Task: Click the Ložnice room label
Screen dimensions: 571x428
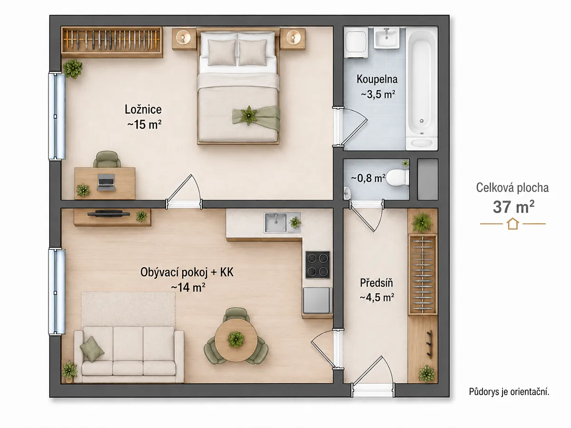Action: (x=143, y=109)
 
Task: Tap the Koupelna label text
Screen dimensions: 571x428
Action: (x=377, y=79)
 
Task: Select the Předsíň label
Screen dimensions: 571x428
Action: (x=376, y=283)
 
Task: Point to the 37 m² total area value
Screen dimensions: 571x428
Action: (x=513, y=207)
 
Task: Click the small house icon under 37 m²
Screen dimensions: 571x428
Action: (x=513, y=224)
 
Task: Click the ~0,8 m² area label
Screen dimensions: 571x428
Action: (x=368, y=178)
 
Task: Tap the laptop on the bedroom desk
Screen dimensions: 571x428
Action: (x=106, y=182)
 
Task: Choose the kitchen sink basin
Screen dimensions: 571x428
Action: (x=275, y=223)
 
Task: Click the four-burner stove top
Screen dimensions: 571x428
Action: (x=317, y=264)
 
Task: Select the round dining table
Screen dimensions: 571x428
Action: (x=236, y=340)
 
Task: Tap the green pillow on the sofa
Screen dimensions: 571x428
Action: (x=92, y=349)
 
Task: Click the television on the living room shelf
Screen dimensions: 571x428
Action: (x=108, y=214)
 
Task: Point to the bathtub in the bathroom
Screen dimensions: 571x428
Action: (x=422, y=88)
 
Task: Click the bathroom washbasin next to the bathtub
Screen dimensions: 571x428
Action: (x=386, y=38)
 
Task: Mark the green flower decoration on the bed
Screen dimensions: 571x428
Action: (x=248, y=116)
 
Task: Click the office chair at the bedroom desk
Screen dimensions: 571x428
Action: (x=107, y=159)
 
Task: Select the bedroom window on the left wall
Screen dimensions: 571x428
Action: (x=57, y=116)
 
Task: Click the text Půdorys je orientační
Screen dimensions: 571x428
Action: (x=509, y=391)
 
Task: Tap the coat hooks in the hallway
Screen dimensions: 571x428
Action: (x=429, y=344)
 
